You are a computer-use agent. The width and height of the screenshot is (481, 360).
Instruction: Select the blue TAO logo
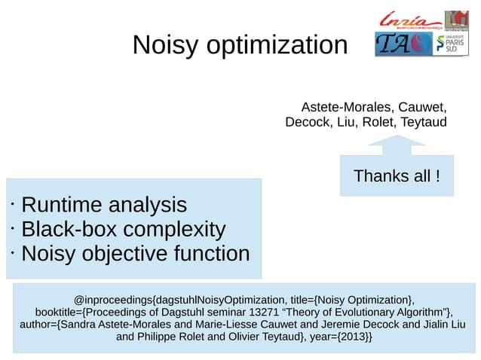click(x=403, y=44)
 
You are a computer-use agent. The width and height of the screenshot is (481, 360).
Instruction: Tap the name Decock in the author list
click(x=308, y=121)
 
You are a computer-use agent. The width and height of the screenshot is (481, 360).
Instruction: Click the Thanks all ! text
click(x=397, y=176)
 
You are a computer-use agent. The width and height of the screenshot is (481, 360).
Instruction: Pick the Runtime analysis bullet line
click(x=103, y=204)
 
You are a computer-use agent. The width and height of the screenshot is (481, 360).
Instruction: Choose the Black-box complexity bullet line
click(x=123, y=229)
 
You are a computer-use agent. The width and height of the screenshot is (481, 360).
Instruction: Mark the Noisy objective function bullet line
click(x=135, y=254)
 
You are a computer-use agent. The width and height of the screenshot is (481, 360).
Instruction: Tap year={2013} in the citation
click(x=340, y=337)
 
